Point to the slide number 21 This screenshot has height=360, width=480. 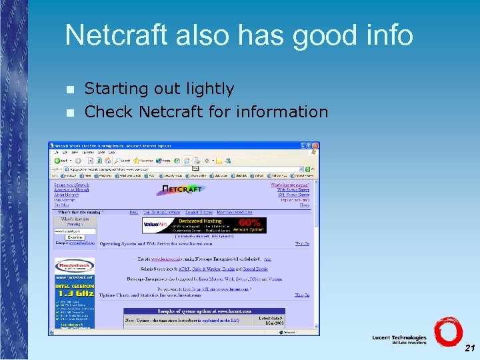click(x=469, y=348)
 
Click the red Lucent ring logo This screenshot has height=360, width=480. click(x=447, y=331)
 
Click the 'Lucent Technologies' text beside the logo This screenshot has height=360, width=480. click(x=399, y=339)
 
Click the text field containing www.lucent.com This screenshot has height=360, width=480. click(x=74, y=231)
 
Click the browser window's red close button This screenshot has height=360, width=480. click(x=315, y=145)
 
